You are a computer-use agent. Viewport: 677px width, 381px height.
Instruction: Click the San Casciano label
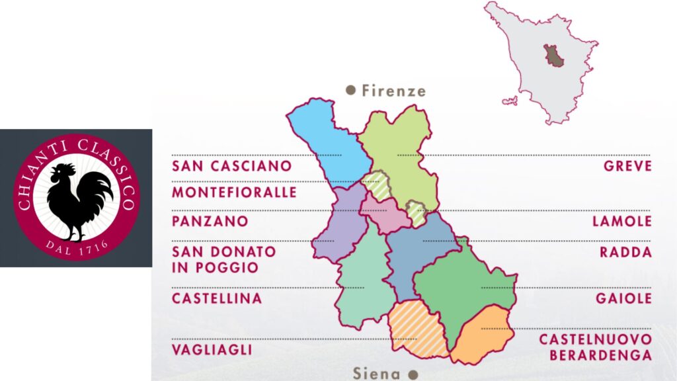pos(231,166)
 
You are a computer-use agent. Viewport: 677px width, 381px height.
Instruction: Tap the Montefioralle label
pos(234,192)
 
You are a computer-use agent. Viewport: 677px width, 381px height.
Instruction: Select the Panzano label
pos(210,221)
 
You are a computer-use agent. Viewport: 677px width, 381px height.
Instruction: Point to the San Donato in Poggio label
pos(223,259)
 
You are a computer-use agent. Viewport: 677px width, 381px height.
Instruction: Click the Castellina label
pos(217,298)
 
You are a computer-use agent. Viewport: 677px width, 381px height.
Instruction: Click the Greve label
pos(627,166)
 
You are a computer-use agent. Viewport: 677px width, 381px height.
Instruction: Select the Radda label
pos(625,252)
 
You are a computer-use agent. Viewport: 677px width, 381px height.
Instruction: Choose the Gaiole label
pos(623,298)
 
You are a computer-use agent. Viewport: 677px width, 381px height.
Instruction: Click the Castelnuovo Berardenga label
pos(595,347)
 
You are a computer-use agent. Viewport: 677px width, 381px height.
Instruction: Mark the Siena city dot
pos(413,374)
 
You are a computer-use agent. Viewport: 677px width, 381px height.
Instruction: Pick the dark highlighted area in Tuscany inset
pos(552,56)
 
